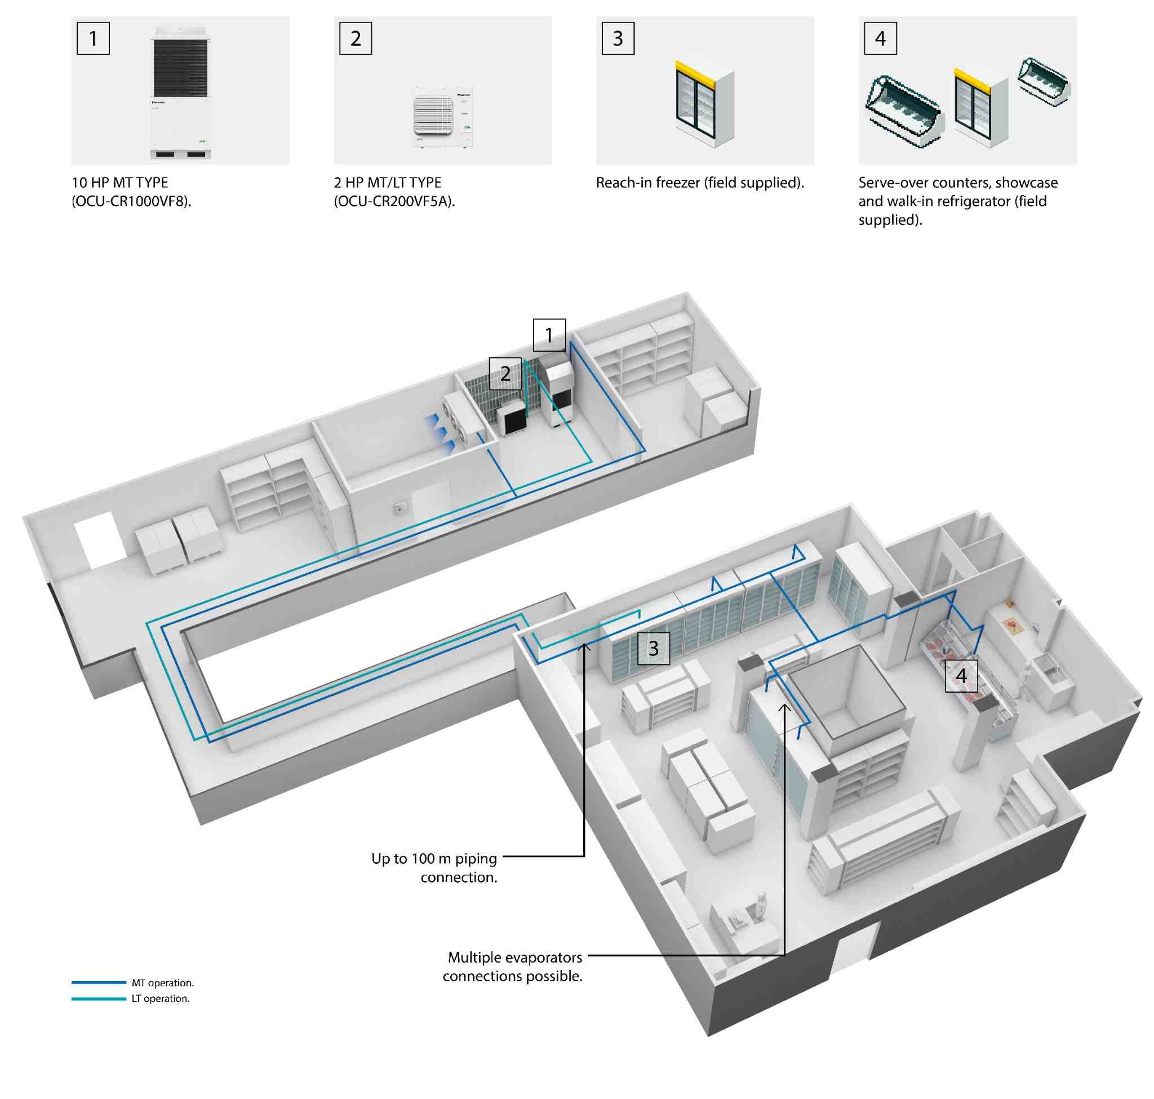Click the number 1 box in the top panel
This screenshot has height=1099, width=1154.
(x=93, y=39)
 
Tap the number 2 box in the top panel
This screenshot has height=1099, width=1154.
(x=356, y=39)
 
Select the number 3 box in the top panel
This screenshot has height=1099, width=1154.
(x=618, y=39)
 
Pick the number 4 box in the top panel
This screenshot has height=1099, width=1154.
(x=881, y=39)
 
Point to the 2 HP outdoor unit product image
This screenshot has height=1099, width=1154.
(x=442, y=117)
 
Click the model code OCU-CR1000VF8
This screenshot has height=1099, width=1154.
(x=132, y=202)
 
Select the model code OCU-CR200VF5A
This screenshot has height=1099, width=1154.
(x=394, y=202)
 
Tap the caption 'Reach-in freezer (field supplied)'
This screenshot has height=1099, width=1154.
(x=700, y=183)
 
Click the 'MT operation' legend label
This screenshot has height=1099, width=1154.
(x=162, y=983)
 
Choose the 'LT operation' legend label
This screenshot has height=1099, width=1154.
(x=161, y=999)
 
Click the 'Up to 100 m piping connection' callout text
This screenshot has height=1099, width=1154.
(x=434, y=868)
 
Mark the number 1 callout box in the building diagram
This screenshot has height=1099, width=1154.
(x=549, y=335)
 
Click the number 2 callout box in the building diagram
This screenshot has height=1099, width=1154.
(x=505, y=374)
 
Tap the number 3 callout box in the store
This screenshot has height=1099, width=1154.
(x=654, y=649)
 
